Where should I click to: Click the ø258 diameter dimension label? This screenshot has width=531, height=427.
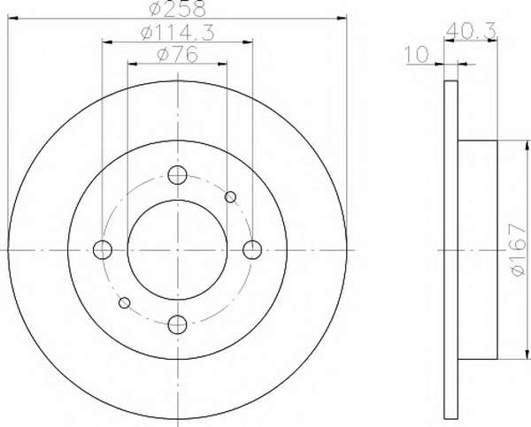click(178, 8)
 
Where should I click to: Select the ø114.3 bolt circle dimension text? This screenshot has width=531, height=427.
click(178, 34)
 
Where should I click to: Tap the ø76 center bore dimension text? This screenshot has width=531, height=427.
click(178, 55)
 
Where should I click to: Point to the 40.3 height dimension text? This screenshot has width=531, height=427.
click(471, 30)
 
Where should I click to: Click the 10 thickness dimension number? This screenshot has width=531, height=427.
click(417, 55)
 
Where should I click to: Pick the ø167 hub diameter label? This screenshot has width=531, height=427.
click(519, 249)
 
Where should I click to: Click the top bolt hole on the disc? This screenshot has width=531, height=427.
click(178, 175)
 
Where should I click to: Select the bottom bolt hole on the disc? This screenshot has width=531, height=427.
click(178, 324)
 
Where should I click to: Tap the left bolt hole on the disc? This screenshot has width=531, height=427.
click(103, 249)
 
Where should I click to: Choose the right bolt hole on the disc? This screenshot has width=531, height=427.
click(252, 249)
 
